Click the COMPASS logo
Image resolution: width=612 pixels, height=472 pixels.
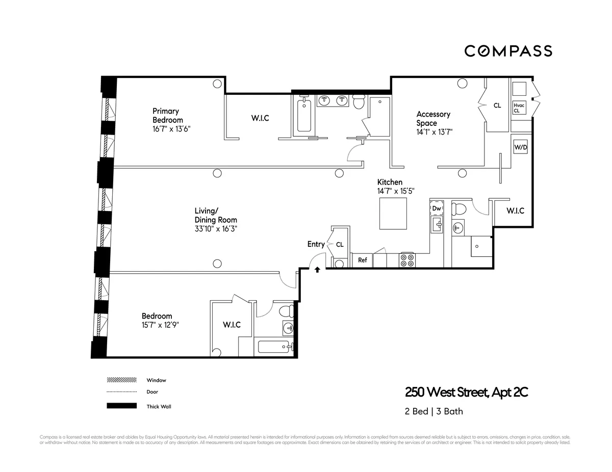point(508,51)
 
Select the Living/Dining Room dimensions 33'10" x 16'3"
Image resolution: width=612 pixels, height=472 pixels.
point(216,229)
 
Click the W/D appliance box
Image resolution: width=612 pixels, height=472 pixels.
point(520,147)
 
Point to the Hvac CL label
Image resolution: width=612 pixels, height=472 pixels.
point(519,108)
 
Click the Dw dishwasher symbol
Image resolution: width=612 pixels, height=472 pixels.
point(437,208)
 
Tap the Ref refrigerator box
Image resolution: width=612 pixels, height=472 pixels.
point(362,260)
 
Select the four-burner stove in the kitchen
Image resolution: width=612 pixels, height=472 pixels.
point(407,260)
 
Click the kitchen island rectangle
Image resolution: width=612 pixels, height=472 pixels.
point(393,215)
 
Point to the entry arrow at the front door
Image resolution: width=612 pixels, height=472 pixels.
point(317,269)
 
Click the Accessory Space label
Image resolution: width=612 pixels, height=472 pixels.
point(433,119)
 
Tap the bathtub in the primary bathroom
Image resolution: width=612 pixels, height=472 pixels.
point(303,116)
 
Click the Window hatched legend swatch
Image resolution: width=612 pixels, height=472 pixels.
point(122,380)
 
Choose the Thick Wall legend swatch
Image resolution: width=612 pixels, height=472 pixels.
point(122,406)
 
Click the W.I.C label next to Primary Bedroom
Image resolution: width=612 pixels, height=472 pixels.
point(260,118)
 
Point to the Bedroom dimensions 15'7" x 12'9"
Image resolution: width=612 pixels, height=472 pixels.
point(160,325)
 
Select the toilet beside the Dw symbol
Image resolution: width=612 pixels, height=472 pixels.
point(460,209)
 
